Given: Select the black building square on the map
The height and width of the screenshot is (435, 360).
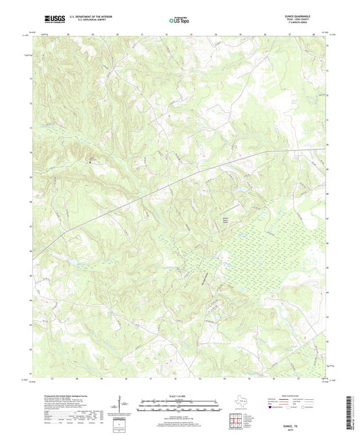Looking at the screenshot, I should [93, 161].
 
